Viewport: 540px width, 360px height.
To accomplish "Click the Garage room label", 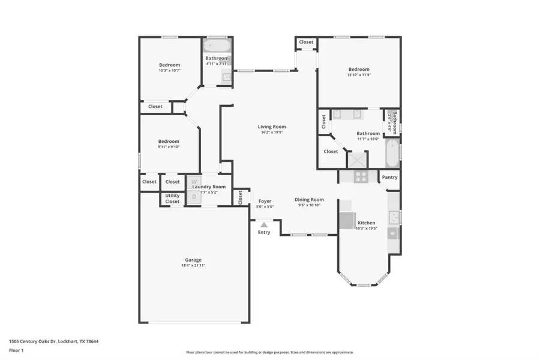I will pos(193,260).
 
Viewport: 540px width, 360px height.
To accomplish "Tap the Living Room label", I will pos(272,127).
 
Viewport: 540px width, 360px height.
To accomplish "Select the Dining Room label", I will pos(309,200).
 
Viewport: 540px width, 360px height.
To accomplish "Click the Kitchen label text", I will pos(366,223).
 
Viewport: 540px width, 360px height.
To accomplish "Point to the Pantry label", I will pos(389,177).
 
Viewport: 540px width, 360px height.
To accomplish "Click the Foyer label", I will pos(265,201).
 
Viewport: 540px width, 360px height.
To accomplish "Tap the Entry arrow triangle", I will pos(264,224).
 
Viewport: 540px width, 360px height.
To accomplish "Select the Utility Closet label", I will pos(172,199).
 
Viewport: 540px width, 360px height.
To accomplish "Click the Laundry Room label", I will pos(209,187).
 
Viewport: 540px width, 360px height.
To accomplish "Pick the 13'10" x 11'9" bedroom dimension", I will pos(359,75).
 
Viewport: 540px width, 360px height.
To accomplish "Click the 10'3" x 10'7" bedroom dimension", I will pos(169,70).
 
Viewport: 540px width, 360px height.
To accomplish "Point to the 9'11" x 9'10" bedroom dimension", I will pos(169,146).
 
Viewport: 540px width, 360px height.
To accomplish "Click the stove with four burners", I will pos(361,176).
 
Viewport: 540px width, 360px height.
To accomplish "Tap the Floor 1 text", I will pos(16,350).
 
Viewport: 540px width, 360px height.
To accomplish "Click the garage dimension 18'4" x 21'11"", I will pos(193,265).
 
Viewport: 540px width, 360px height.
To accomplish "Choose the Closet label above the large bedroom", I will pos(306,42).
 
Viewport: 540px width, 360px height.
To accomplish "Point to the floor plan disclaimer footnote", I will pos(269,352).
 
